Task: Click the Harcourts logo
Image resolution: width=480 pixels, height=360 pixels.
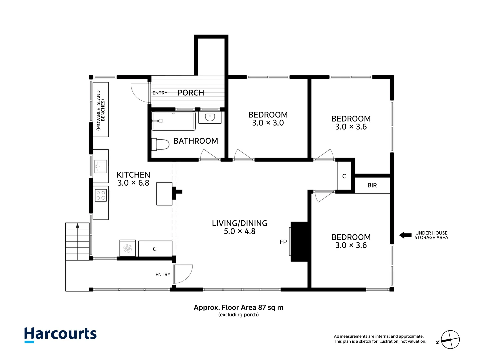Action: [60, 334]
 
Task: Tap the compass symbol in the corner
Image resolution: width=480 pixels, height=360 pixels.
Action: [450, 340]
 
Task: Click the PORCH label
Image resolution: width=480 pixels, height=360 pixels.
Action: [191, 93]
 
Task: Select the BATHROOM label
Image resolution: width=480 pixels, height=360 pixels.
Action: [196, 141]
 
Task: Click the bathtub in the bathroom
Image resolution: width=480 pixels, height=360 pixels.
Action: [173, 121]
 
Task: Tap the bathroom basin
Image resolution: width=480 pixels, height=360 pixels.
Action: [210, 117]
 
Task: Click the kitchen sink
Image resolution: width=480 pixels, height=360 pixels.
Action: [101, 166]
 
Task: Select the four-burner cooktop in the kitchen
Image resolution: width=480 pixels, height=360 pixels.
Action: [101, 195]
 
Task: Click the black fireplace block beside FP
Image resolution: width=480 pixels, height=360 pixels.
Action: [300, 242]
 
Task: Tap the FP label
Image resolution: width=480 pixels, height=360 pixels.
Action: [283, 242]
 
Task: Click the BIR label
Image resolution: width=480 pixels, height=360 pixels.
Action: [372, 185]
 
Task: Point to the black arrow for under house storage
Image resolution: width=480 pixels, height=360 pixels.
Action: [405, 235]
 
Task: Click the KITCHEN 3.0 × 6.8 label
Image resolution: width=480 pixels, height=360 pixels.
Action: [133, 179]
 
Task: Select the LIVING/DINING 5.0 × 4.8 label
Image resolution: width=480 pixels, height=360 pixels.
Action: [239, 227]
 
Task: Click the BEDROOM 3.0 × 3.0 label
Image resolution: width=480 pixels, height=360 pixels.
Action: [268, 119]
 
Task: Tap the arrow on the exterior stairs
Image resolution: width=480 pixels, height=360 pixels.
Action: [78, 226]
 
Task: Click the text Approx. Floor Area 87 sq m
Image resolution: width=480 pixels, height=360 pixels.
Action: [239, 307]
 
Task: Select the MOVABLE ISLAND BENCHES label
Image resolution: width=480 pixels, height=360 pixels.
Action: [100, 110]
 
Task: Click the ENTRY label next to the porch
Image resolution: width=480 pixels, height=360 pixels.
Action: [160, 93]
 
